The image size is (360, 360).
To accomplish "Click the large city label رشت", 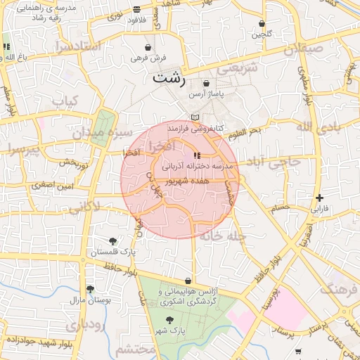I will click(169, 77).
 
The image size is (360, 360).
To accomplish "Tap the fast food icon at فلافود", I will click(136, 9).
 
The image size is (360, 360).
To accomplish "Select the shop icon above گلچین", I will click(262, 23).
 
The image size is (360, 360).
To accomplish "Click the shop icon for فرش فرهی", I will click(147, 46).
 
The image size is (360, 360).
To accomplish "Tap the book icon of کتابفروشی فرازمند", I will click(195, 117).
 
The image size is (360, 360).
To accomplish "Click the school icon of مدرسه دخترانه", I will click(195, 155).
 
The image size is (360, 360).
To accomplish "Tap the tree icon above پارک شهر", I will click(169, 319).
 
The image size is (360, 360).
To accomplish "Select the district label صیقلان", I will click(303, 50).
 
